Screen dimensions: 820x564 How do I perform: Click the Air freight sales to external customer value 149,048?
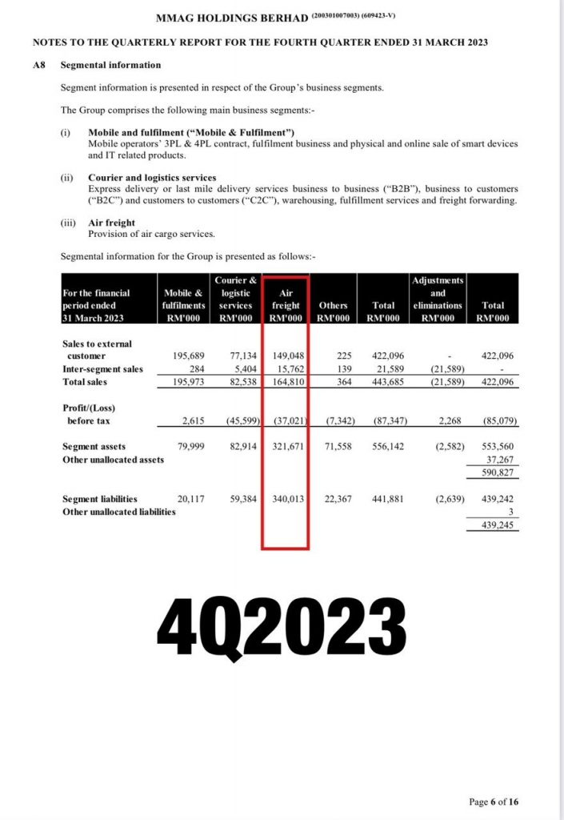pyautogui.click(x=286, y=356)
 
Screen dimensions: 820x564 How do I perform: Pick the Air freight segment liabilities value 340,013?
pyautogui.click(x=286, y=499)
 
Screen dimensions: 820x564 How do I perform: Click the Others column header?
pyautogui.click(x=333, y=306)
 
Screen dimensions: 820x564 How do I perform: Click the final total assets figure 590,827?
pyautogui.click(x=499, y=472)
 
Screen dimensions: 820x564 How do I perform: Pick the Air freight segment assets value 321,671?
pyautogui.click(x=286, y=448)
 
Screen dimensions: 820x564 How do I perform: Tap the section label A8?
pyautogui.click(x=38, y=65)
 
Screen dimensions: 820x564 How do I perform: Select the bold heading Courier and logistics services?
pyautogui.click(x=152, y=178)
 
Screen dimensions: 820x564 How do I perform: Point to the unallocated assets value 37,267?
pyautogui.click(x=502, y=460)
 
